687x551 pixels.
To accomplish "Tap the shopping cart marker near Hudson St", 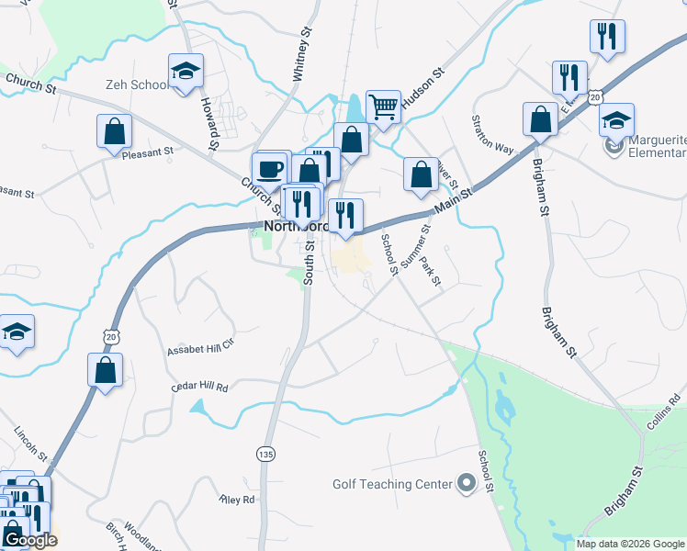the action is pos(382,107).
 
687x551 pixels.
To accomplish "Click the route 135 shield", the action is pos(265,454).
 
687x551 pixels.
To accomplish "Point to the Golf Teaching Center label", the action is pos(393,484).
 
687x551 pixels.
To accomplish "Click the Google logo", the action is pos(29,540).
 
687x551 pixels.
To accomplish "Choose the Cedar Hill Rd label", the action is pos(199,387).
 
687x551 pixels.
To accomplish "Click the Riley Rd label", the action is pos(235,500).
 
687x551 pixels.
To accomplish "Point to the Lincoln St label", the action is pos(30,442).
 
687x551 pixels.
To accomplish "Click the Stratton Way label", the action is pos(492,134).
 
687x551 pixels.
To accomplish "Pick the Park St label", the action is pos(431,269).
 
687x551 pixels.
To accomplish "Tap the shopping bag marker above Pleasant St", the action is pos(114,132).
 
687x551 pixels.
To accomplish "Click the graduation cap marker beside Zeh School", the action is pos(186,72).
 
